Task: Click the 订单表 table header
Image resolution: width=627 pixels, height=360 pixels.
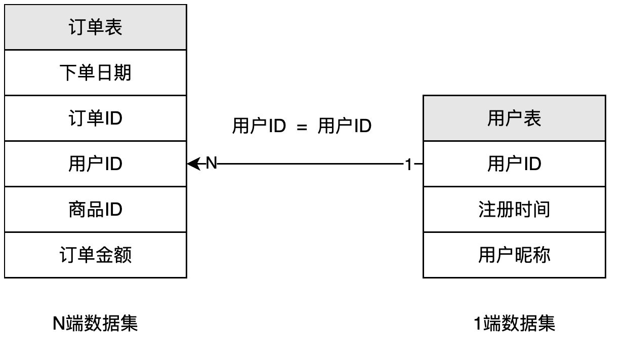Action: (x=96, y=27)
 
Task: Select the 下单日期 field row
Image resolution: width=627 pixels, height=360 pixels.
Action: (x=96, y=73)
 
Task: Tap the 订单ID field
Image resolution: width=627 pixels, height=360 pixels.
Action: (x=96, y=118)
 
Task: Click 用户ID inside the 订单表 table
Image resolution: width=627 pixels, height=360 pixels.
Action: (x=96, y=164)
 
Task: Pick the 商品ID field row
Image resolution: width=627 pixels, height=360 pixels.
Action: (x=96, y=210)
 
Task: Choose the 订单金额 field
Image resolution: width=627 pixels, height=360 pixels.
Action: (x=96, y=255)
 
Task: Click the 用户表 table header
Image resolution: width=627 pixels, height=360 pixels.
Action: (x=514, y=118)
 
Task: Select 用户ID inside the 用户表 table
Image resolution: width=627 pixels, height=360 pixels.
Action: (x=514, y=164)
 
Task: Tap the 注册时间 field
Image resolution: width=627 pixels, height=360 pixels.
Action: (x=514, y=210)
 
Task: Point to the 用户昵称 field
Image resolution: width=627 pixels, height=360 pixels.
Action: (x=514, y=255)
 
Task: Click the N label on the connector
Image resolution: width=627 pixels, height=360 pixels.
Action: (x=212, y=164)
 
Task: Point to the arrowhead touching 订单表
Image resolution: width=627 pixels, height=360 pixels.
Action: (x=192, y=164)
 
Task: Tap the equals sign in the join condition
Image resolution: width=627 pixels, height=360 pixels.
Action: (x=302, y=127)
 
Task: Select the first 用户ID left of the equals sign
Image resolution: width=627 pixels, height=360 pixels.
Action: (x=259, y=126)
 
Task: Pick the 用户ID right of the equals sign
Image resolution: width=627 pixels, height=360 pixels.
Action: (x=345, y=126)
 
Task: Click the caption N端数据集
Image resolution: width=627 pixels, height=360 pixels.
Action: (x=96, y=323)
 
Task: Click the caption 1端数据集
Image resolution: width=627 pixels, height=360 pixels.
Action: (x=514, y=323)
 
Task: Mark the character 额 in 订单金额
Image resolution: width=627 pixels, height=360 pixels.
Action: (x=123, y=255)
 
